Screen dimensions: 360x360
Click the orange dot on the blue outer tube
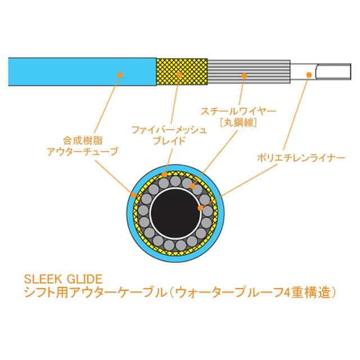click(x=120, y=73)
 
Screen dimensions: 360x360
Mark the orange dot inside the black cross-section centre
click(x=200, y=208)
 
